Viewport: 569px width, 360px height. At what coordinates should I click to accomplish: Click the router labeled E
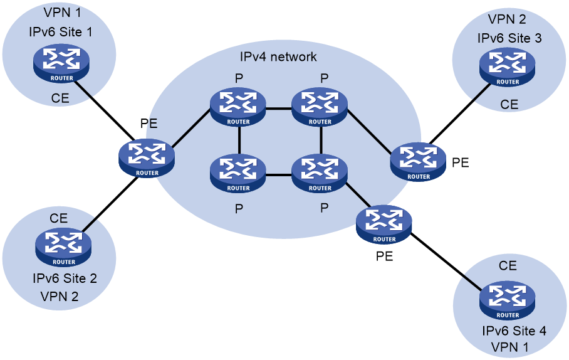tap(147, 157)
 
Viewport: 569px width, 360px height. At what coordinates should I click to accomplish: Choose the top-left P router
tap(238, 107)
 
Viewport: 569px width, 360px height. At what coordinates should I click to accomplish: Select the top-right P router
tap(320, 107)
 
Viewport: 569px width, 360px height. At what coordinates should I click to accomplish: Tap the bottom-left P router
tap(238, 174)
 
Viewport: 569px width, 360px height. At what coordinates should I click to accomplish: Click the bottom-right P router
tap(320, 174)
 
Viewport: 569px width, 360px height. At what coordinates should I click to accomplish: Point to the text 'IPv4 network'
tap(278, 57)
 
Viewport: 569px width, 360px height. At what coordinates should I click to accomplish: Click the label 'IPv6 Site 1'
tap(60, 32)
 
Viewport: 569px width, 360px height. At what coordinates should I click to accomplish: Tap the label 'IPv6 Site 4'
tap(514, 331)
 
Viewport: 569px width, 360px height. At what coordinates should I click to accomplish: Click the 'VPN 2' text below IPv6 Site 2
tap(60, 297)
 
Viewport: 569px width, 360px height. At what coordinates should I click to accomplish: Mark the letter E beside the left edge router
tap(153, 125)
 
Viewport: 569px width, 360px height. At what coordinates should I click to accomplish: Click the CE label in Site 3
tap(509, 105)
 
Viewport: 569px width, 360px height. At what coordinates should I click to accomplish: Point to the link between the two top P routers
tap(279, 108)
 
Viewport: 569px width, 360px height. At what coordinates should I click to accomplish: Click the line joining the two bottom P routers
tap(279, 175)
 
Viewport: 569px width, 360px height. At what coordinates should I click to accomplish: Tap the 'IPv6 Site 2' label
tap(65, 279)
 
